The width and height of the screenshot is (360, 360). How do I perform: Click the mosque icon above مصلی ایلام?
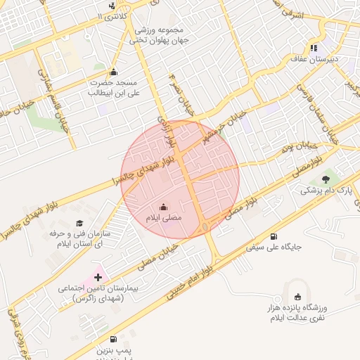pyautogui.click(x=164, y=207)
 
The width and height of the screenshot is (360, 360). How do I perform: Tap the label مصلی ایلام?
pyautogui.click(x=163, y=219)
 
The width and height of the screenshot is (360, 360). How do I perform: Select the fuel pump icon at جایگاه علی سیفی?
pyautogui.click(x=273, y=236)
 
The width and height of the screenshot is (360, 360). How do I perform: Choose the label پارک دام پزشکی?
pyautogui.click(x=327, y=191)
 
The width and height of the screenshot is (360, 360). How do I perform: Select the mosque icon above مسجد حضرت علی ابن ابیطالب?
pyautogui.click(x=114, y=71)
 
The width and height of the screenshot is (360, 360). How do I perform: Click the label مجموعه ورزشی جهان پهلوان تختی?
pyautogui.click(x=155, y=35)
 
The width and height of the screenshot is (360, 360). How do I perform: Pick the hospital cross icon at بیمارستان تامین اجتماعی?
pyautogui.click(x=98, y=278)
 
